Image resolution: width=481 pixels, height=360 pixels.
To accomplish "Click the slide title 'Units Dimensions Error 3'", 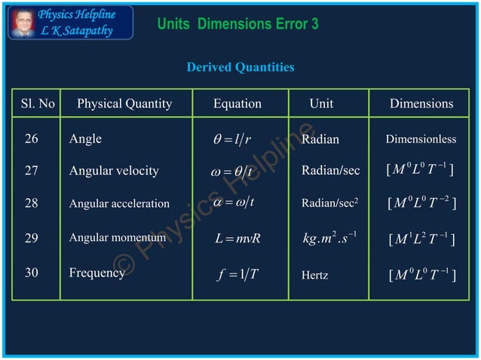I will tap(237, 24).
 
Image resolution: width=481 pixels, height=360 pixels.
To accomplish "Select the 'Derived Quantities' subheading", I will tap(240, 68).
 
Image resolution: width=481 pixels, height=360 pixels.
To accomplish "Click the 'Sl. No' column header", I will tap(38, 104).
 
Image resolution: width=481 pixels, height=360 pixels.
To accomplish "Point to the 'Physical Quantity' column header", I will tap(124, 104).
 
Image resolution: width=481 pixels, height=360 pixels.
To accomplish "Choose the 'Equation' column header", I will tap(237, 104).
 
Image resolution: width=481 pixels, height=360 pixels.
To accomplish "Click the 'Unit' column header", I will tap(321, 104).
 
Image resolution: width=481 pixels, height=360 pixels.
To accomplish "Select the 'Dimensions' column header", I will tap(421, 104).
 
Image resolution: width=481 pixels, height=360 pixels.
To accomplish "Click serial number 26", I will tap(31, 139).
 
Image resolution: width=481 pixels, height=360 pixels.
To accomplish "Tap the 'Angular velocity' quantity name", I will tap(114, 171).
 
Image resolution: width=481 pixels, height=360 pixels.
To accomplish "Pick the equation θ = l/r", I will tap(233, 139).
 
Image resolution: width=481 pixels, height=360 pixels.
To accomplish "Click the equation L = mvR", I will tap(237, 239).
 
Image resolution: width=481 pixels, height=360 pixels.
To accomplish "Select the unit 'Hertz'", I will tap(315, 276).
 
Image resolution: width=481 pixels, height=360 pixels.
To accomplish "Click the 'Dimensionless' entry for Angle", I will tap(421, 140).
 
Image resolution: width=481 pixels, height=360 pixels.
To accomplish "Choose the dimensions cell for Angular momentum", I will tap(421, 239).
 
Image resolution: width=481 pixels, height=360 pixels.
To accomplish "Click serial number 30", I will tap(31, 273).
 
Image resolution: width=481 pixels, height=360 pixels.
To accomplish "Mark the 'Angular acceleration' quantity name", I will tap(119, 203).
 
